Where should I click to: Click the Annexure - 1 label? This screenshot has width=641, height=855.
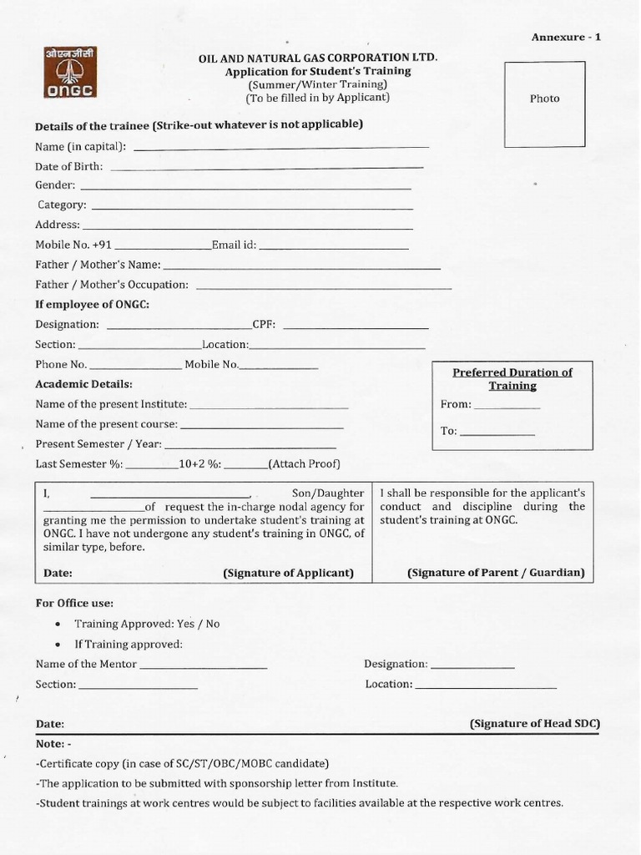pos(566,37)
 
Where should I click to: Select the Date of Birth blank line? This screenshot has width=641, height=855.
pos(267,169)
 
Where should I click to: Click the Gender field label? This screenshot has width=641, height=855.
pos(55,185)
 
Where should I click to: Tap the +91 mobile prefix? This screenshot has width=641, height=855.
pos(101,245)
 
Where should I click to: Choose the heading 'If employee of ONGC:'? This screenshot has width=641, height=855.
pos(92,304)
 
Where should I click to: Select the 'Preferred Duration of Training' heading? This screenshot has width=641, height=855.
pos(512,379)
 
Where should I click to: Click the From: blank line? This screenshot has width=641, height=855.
pos(507,407)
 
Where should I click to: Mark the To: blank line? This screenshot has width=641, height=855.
pos(497,434)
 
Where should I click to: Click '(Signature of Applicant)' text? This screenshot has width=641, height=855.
pos(288,573)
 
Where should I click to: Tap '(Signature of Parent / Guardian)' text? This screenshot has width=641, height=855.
pos(496,573)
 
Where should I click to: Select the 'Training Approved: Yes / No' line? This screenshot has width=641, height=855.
pos(147,624)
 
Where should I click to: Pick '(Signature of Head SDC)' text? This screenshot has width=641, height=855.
pos(535,723)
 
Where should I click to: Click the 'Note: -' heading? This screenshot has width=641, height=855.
pos(53,743)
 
